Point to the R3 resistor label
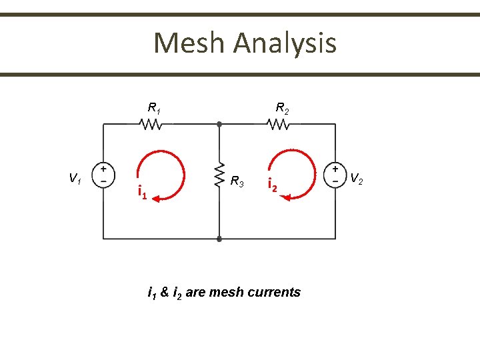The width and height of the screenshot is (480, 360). point(237,181)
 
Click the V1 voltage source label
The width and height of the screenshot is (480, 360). point(75,178)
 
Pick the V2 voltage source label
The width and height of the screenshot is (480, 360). point(357,178)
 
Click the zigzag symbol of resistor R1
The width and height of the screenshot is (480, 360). point(150,124)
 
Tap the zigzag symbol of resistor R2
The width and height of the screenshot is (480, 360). point(277,124)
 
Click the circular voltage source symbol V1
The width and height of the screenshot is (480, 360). point(103,175)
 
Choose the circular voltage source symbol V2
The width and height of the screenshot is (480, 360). point(334,175)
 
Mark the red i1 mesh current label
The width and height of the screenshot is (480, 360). point(142,193)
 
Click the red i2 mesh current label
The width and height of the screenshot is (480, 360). point(272,185)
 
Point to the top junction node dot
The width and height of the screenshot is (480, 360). point(219,124)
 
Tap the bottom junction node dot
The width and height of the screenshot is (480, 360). point(219,238)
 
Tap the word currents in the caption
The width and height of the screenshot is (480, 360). point(275,292)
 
